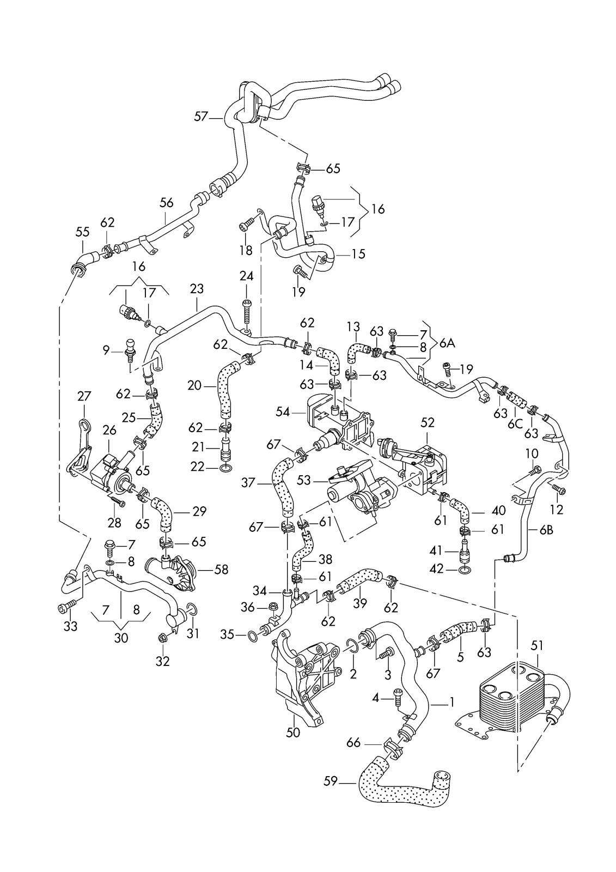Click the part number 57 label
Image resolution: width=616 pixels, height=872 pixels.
pyautogui.click(x=201, y=116)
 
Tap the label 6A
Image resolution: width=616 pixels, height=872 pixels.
pyautogui.click(x=447, y=343)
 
